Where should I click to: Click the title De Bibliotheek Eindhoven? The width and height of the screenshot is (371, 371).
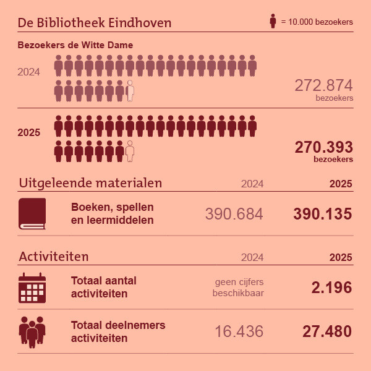coord(95,23)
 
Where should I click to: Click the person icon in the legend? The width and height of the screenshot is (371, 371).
coord(273,22)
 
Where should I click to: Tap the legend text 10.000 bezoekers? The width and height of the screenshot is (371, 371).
coord(317,22)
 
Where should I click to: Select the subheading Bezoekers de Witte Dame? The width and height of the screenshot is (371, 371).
coord(75,45)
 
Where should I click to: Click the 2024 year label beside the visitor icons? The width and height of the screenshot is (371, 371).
coord(29,72)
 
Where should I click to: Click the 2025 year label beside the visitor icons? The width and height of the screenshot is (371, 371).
coord(29,132)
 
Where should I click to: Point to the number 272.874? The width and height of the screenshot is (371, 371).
coord(323,85)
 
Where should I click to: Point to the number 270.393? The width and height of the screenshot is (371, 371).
coord(323,147)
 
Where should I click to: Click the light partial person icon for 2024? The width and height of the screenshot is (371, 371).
coord(130,91)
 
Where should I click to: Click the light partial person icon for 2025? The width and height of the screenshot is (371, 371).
coord(130,151)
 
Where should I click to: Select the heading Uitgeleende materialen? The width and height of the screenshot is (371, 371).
coord(90,183)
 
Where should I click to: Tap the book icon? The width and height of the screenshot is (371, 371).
coord(32,214)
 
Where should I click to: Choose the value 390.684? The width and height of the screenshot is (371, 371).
coord(234,214)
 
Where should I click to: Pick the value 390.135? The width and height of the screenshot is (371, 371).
coord(322,214)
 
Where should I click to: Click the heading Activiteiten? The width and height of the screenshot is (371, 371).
coord(54,256)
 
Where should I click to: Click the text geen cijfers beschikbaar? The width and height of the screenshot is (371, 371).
coord(238,287)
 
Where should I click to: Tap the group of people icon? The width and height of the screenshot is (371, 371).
coord(32,332)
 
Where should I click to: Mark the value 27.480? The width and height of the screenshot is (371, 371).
coord(326,331)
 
